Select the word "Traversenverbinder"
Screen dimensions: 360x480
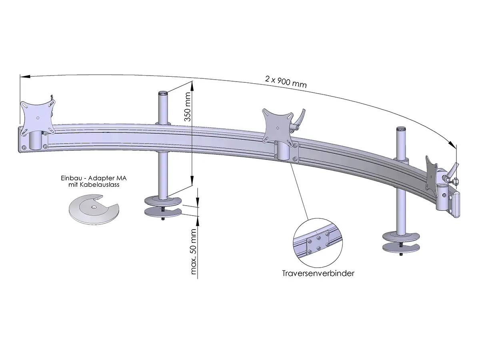point(318,274)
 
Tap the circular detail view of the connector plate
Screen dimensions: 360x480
point(318,244)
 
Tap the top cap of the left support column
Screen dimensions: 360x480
point(163,93)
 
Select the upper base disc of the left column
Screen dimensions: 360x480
point(163,200)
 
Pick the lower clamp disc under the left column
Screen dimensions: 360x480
point(163,212)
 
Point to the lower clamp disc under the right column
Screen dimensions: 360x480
point(400,248)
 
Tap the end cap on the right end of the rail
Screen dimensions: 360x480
point(456,205)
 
